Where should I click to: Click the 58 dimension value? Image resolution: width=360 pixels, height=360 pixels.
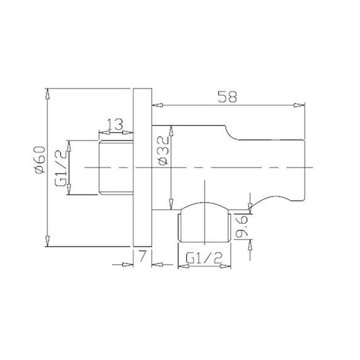[227, 97]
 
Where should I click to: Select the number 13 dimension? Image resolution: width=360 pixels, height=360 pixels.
[115, 125]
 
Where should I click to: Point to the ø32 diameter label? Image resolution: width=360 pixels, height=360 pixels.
[163, 151]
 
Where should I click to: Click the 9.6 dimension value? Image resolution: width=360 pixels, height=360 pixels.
[242, 226]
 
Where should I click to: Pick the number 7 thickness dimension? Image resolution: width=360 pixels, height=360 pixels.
[143, 256]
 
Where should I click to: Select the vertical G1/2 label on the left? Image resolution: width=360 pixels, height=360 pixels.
[61, 170]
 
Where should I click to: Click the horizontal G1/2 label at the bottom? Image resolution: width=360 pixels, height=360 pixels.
[204, 258]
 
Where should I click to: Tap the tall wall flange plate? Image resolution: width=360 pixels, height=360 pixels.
[143, 168]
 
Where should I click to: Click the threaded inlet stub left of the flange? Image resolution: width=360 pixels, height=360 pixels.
[116, 168]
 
